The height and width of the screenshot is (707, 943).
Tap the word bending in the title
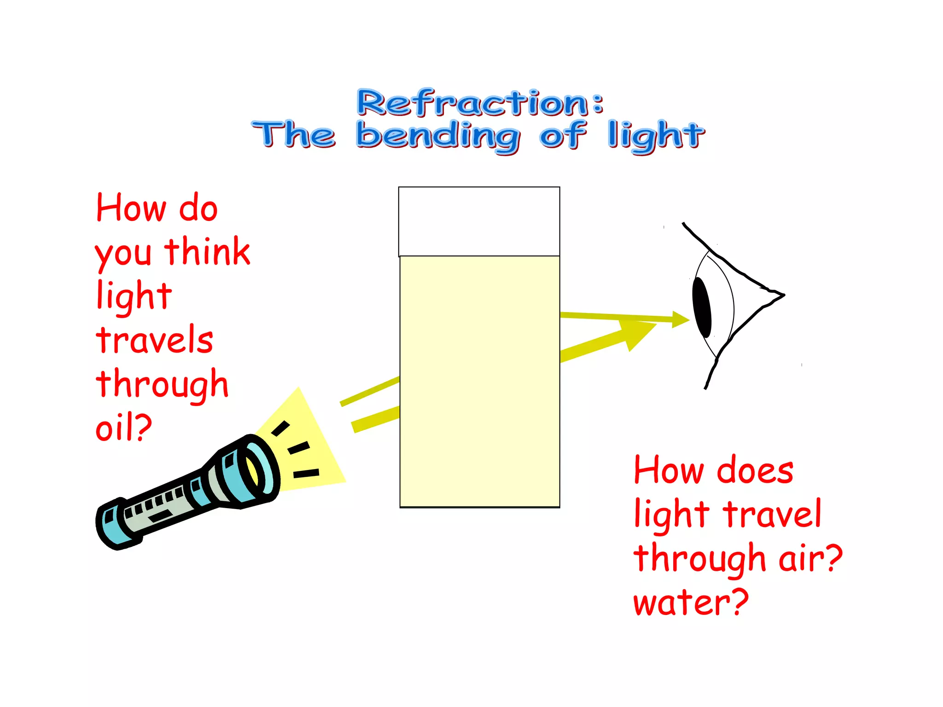[438, 136]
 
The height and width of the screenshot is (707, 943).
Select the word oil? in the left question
[123, 427]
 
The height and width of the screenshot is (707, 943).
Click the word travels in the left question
[155, 340]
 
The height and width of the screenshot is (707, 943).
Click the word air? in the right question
[810, 558]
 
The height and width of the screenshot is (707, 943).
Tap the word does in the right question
[755, 470]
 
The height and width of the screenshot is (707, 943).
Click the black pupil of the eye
[702, 307]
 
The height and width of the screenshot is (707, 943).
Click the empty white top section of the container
[479, 221]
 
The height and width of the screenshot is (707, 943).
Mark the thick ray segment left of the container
[375, 420]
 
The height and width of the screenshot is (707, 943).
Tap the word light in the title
[656, 136]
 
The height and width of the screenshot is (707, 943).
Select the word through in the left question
[162, 384]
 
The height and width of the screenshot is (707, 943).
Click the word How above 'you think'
[131, 208]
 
